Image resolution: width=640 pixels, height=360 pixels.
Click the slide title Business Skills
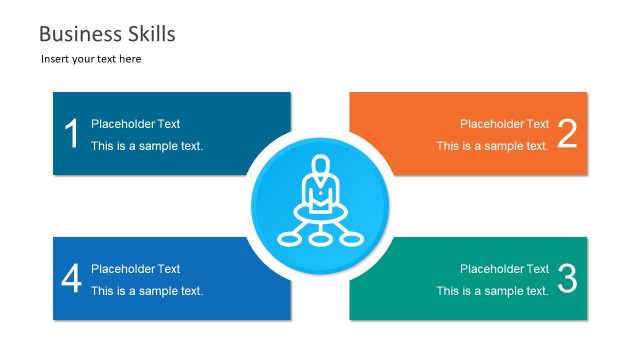[x=107, y=34]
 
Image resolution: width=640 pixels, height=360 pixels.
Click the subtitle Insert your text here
[x=91, y=59]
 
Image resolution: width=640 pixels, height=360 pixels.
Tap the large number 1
[x=71, y=134]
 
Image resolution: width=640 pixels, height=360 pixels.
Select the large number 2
[x=567, y=134]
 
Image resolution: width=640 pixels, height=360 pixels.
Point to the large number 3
[x=567, y=279]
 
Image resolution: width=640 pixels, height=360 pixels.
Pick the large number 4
[x=71, y=279]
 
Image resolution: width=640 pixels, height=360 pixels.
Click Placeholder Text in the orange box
[x=504, y=124]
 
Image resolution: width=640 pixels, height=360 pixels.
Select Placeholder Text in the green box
[x=504, y=269]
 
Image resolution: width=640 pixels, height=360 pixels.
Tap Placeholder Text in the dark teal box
[x=136, y=124]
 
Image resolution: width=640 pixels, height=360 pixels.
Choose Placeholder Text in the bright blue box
[x=136, y=269]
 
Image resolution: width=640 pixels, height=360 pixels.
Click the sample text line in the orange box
[x=492, y=146]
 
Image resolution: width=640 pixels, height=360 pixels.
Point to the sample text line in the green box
[x=492, y=291]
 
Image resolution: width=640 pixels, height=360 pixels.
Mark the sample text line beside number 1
[x=147, y=146]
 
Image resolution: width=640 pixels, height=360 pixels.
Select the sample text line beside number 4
[x=147, y=291]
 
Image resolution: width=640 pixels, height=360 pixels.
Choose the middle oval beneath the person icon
[x=320, y=238]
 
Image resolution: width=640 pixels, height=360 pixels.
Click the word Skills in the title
[x=146, y=34]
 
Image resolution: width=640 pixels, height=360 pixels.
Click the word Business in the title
[x=75, y=34]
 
